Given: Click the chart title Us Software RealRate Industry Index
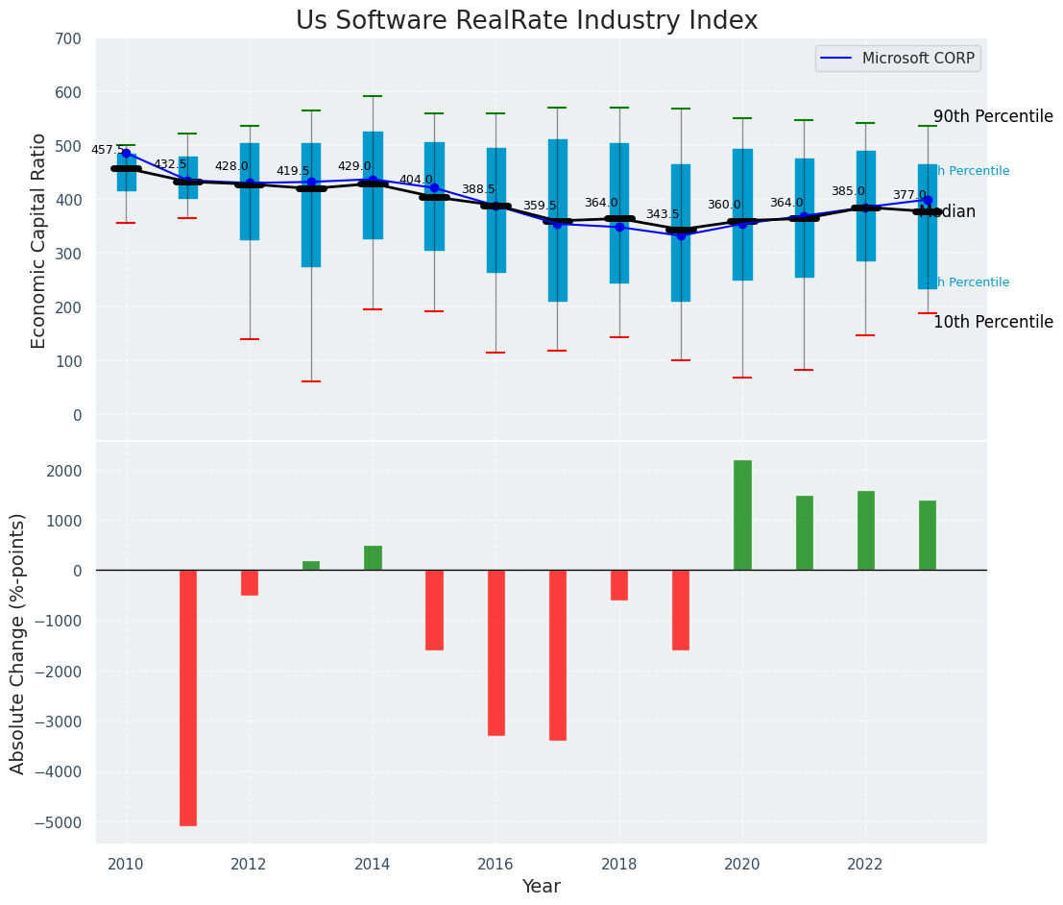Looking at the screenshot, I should pos(526,21).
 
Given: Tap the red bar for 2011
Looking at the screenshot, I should pos(188,697).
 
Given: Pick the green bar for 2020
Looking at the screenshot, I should pos(742,515).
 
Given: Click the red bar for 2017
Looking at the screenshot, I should pos(557,655).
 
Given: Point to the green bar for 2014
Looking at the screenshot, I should pos(373,558).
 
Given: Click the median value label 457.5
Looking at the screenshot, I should pos(108,150).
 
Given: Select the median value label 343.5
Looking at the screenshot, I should pos(663,214).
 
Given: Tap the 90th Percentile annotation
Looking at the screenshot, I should pos(993,116).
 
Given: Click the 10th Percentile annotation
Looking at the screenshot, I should pos(993,322).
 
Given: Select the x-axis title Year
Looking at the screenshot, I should pos(542,887).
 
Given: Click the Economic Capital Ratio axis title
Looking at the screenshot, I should pos(39,240).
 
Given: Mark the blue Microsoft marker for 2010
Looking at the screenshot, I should pos(126,153).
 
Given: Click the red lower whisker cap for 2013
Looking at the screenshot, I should pos(311,381).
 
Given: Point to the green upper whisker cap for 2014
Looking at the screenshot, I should pos(373,96).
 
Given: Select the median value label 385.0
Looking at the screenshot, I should pos(848,191).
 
